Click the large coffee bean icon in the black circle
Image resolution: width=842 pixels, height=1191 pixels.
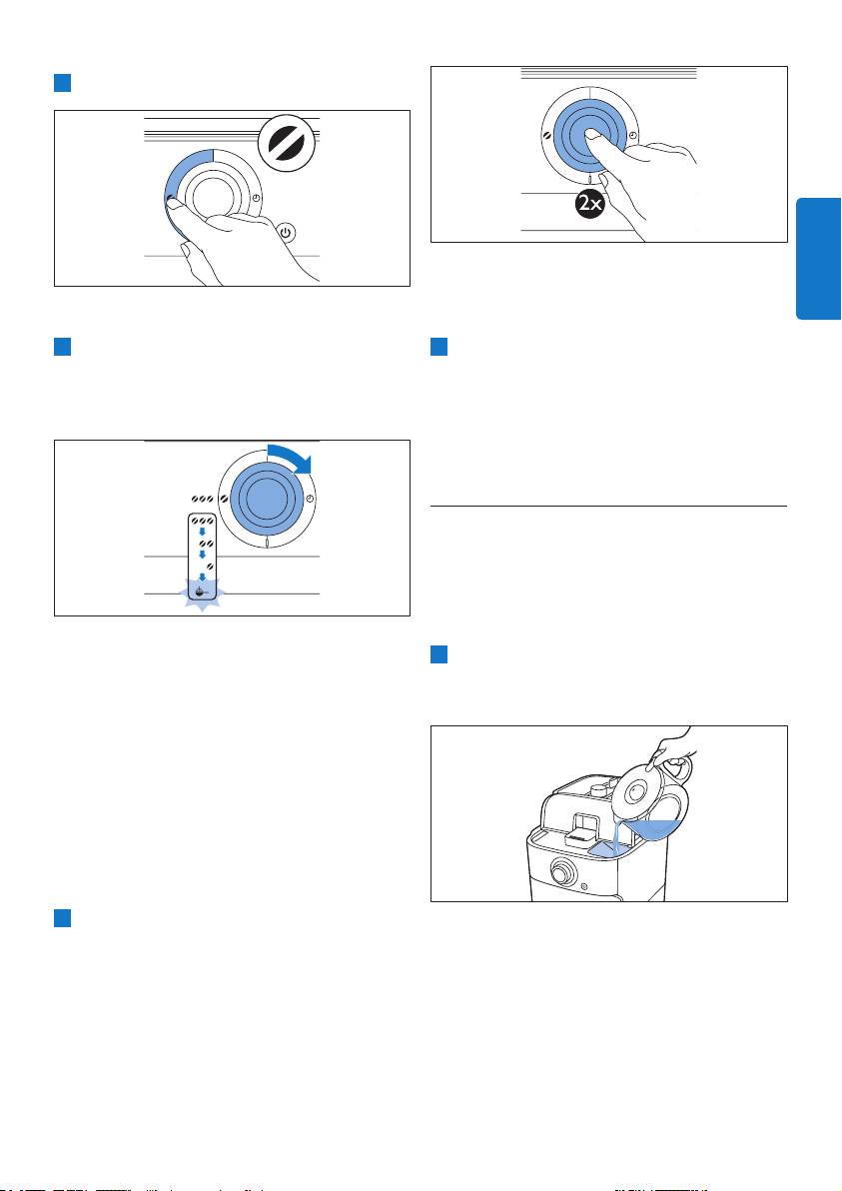tap(286, 144)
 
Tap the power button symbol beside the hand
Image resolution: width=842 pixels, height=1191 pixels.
tap(286, 233)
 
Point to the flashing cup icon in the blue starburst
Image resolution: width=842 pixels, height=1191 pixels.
tap(202, 593)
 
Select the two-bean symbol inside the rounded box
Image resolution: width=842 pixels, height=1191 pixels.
tap(204, 544)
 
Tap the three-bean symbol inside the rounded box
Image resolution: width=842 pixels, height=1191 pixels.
tap(201, 522)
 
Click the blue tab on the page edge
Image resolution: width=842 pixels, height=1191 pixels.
tap(818, 258)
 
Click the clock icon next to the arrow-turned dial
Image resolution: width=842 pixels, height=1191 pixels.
tap(310, 499)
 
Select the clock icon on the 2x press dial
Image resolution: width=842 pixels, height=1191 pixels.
tap(634, 135)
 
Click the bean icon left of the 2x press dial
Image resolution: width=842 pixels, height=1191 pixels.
tap(546, 135)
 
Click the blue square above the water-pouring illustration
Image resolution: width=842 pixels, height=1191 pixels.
tap(438, 654)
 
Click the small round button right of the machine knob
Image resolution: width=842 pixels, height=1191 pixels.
tap(584, 886)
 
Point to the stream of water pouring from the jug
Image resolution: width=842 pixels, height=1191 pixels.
tap(616, 835)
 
